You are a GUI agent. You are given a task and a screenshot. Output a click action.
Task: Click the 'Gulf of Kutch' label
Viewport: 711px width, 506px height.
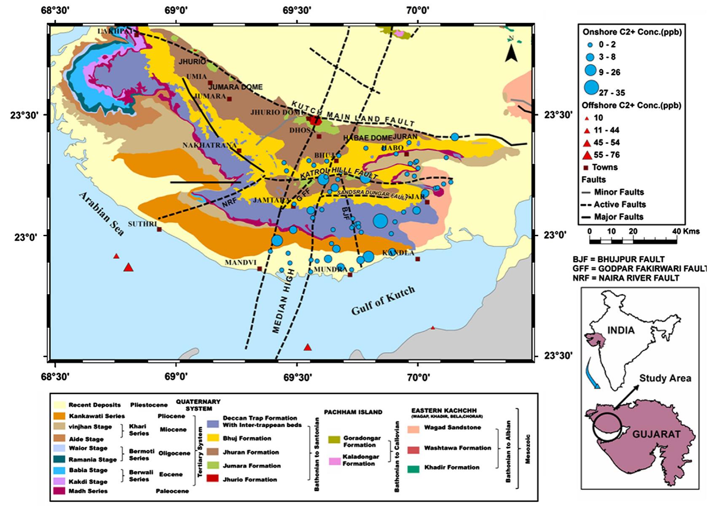[x=383, y=300]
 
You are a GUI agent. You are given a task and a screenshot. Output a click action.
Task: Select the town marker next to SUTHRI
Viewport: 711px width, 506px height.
[x=159, y=229]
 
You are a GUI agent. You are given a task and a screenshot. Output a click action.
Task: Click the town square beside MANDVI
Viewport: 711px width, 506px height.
[x=260, y=269]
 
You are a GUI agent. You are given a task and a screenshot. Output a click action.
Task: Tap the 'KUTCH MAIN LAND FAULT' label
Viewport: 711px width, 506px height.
[x=353, y=114]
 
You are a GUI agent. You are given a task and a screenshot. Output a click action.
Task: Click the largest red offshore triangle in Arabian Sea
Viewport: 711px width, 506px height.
[x=129, y=267]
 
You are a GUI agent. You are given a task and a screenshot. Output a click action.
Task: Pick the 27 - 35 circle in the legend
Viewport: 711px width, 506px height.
[x=592, y=88]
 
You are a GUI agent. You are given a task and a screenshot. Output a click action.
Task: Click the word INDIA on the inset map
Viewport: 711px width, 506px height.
[x=621, y=330]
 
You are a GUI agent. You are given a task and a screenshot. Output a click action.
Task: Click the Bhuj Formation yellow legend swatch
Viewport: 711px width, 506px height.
[x=215, y=439]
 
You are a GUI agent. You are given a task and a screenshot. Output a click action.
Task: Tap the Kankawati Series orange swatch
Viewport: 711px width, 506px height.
[x=60, y=415]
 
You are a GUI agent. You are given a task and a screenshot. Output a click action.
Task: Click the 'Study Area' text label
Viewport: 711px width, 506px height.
[x=665, y=378]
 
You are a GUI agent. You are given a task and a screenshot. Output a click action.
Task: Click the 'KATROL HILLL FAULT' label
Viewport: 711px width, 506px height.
[x=338, y=173]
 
